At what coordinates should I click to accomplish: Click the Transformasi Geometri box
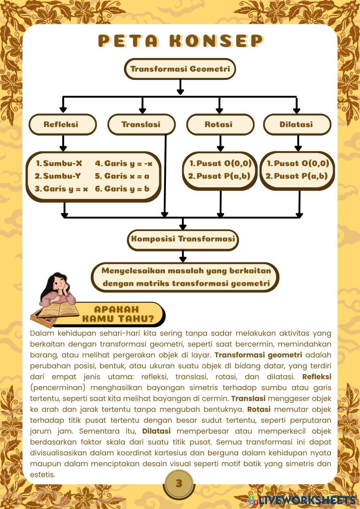180,69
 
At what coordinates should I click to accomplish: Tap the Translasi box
141,125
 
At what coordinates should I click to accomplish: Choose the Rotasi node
219,125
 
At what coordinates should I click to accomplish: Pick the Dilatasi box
297,125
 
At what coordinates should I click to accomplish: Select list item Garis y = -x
124,163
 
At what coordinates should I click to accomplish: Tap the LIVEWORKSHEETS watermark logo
302,500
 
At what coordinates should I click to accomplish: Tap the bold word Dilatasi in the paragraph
156,431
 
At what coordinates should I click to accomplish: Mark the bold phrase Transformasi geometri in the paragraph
258,355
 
